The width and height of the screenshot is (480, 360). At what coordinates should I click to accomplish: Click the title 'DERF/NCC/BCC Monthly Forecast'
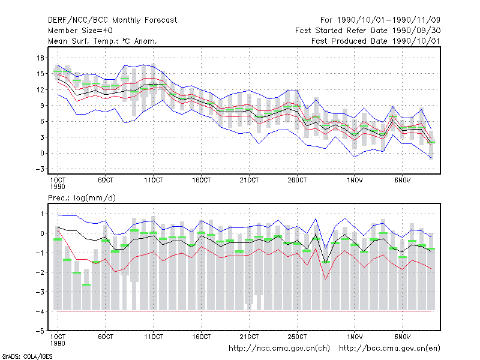click(112, 20)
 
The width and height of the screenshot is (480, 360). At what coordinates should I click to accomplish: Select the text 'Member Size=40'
click(80, 31)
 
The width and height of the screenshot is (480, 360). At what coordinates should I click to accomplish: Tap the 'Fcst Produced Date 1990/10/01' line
click(376, 41)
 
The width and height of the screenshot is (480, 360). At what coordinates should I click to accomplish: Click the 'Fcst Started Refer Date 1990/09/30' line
click(368, 31)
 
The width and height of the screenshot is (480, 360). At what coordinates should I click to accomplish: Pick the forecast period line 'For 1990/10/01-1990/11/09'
click(380, 20)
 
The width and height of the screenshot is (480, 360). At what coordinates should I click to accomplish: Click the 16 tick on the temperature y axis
click(40, 58)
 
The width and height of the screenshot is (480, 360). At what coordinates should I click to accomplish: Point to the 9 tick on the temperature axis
click(42, 106)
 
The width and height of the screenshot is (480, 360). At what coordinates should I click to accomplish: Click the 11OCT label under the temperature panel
click(154, 180)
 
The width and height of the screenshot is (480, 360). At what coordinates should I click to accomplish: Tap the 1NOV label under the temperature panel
click(355, 180)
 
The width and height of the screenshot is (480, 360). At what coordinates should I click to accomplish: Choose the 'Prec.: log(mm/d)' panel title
click(82, 198)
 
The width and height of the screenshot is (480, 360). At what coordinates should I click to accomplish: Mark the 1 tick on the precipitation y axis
click(42, 214)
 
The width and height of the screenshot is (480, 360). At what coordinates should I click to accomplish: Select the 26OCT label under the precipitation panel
click(297, 337)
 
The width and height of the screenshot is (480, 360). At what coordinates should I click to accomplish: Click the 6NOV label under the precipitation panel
click(402, 337)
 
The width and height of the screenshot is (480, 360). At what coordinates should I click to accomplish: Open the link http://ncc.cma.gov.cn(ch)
click(279, 349)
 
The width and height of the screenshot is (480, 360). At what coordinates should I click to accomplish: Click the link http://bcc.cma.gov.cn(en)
click(389, 349)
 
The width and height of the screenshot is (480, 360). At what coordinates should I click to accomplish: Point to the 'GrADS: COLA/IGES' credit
click(27, 356)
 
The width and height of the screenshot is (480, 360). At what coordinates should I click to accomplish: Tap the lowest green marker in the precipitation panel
click(86, 284)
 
